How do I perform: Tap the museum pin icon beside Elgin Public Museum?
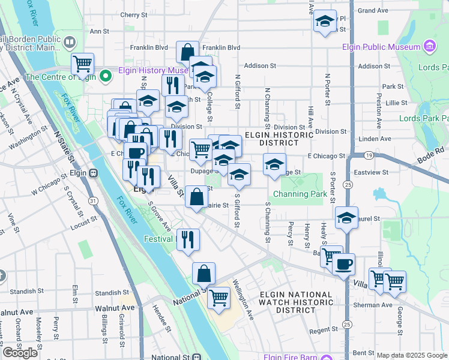click(x=429, y=46)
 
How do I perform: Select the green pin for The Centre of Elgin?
click(x=106, y=76)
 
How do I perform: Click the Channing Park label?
click(x=300, y=194)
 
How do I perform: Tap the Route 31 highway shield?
click(x=92, y=200)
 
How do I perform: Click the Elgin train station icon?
click(x=94, y=173)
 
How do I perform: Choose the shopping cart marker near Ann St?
click(x=82, y=63)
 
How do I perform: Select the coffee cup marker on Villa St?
click(x=343, y=264)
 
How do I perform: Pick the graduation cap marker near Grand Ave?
click(x=325, y=22)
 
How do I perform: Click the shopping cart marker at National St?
click(x=218, y=296)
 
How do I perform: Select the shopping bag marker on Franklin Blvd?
click(x=187, y=52)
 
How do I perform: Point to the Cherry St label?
click(x=130, y=14)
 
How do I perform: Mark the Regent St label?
click(x=324, y=331)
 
